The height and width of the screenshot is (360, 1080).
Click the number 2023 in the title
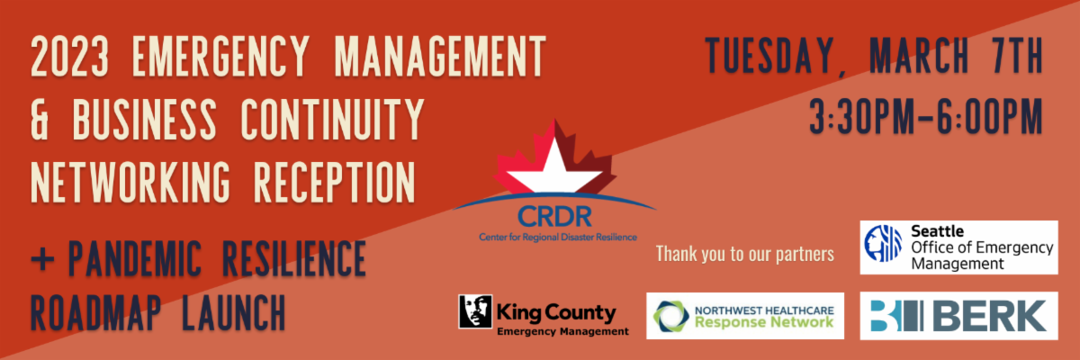tap(70, 56)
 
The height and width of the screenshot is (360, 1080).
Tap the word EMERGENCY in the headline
tap(220, 56)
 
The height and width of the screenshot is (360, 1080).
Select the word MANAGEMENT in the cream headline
tap(440, 56)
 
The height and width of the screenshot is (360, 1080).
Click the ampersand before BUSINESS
tap(40, 119)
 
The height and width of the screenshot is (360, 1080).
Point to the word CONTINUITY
tap(332, 119)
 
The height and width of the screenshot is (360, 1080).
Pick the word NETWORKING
tap(130, 182)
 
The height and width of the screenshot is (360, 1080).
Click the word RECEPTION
tap(334, 182)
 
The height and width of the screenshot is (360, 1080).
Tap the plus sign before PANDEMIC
tap(42, 260)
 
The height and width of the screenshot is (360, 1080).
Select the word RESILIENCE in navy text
tap(293, 258)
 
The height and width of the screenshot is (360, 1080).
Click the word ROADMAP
tap(95, 312)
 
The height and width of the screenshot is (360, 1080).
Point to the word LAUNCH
tap(233, 312)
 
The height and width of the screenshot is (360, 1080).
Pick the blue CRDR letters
tap(554, 217)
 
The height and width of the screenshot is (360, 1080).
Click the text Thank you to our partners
tap(745, 254)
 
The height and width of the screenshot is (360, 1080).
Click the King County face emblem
tap(475, 311)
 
